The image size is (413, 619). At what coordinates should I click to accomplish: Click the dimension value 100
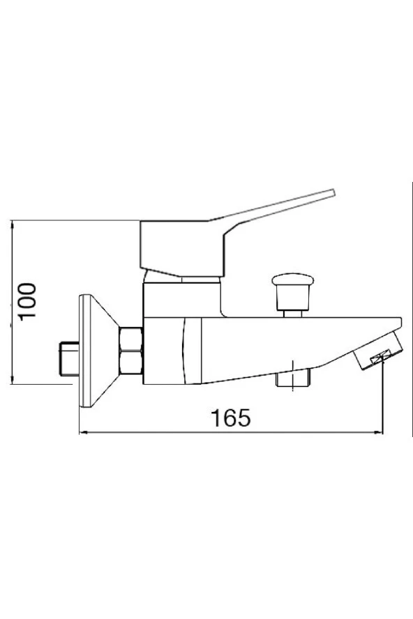coord(28,301)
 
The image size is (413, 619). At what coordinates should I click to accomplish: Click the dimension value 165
coord(230,418)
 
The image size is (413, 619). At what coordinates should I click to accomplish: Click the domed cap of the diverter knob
coord(291,280)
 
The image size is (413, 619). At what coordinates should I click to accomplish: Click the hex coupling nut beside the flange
coord(131,350)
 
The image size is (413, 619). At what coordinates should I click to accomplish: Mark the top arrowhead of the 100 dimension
coord(15,225)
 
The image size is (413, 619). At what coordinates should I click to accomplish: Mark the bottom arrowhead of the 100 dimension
coord(15,380)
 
